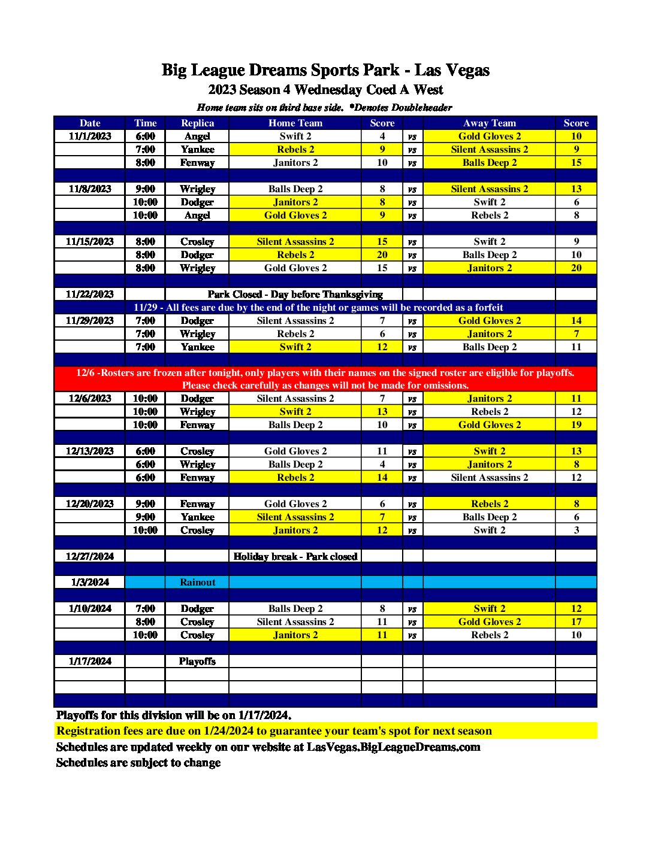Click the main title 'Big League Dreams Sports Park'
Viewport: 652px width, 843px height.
pos(325,70)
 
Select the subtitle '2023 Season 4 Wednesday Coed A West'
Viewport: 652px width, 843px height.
pos(325,90)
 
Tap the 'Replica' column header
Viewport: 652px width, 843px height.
pos(197,123)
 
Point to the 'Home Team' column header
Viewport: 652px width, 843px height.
pos(295,123)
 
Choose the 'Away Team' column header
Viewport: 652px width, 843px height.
pos(489,123)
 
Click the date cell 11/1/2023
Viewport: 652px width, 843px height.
pos(90,136)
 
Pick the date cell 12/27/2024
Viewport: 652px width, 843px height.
pos(90,556)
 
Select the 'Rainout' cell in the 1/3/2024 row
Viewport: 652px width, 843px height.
pos(197,582)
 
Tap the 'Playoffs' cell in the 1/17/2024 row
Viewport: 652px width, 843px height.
pos(197,661)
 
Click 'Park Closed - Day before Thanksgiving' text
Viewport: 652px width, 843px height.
pos(295,294)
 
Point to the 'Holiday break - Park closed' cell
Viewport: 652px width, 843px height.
pos(295,556)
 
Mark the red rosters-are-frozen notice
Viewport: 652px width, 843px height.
pos(325,378)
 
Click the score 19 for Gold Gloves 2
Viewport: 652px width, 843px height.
pos(576,424)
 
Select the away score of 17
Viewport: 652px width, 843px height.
pos(576,621)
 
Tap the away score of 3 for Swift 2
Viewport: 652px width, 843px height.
pos(576,530)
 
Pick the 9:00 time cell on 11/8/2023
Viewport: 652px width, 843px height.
pos(145,189)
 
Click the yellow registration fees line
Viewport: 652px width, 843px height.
pos(274,730)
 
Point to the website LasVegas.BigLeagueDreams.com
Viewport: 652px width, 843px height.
pos(393,747)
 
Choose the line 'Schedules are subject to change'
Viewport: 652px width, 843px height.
pos(138,762)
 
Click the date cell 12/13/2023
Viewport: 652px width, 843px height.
pos(90,451)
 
